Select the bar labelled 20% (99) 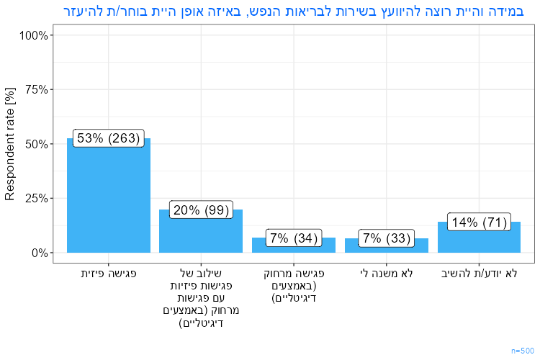(201, 234)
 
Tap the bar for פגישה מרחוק (294, 246)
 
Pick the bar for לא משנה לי (387, 247)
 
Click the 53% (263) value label (108, 138)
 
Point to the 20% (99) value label (201, 210)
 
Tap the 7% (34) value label (294, 238)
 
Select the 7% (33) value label (387, 238)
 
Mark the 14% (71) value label (479, 222)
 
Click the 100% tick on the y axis (33, 35)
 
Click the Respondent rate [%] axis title (10, 144)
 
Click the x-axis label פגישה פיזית (108, 274)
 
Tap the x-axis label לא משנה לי (387, 274)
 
